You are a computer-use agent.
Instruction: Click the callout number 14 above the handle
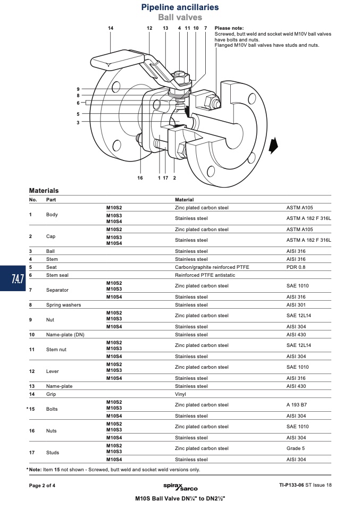pos(111,28)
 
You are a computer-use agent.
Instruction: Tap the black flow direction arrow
pos(273,146)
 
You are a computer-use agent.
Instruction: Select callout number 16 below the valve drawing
pos(140,178)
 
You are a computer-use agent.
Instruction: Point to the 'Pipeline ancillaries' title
pos(180,7)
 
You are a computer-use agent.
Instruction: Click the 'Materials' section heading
pos(44,191)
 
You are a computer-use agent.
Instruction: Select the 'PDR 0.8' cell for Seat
pos(296,267)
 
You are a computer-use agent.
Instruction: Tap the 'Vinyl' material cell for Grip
pos(180,394)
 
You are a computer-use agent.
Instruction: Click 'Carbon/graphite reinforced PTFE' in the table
pos(212,267)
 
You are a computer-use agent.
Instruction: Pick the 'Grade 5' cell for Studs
pos(296,448)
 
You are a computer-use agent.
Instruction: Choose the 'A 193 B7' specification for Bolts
pos(297,405)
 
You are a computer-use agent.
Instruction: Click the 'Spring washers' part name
pos(63,305)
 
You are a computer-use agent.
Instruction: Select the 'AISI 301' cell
pos(296,305)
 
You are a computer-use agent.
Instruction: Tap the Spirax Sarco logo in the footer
pos(180,487)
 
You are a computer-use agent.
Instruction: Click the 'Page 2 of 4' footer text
pos(42,486)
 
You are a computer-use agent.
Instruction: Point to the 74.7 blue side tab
pos(13,278)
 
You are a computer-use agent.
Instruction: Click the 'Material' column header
pos(184,200)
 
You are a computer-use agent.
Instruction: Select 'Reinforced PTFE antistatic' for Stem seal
pos(205,275)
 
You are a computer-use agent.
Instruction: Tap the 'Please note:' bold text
pos(229,28)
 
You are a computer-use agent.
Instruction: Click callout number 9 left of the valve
pos(78,89)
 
